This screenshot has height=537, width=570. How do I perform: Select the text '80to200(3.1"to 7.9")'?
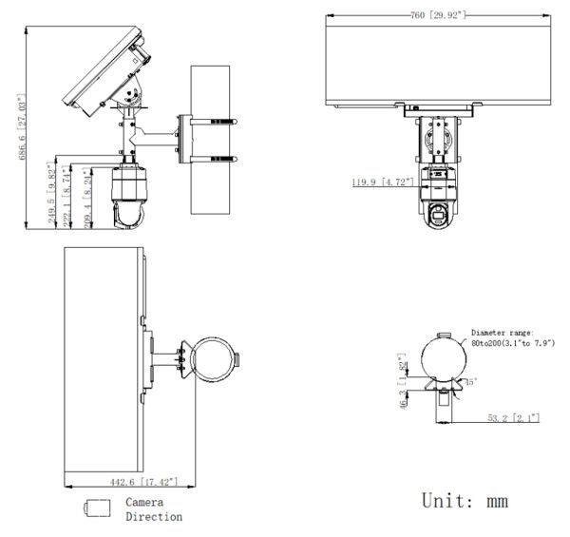[x=512, y=342]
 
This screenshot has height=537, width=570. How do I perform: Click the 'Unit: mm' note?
[x=465, y=498]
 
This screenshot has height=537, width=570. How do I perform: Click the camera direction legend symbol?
[x=97, y=508]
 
